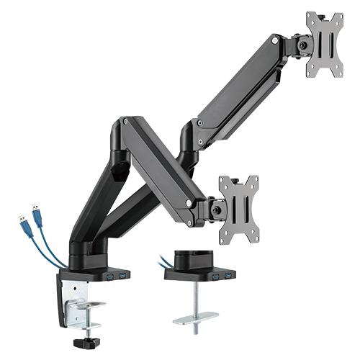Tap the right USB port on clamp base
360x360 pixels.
coord(123,276)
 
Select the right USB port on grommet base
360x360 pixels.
coord(229,276)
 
